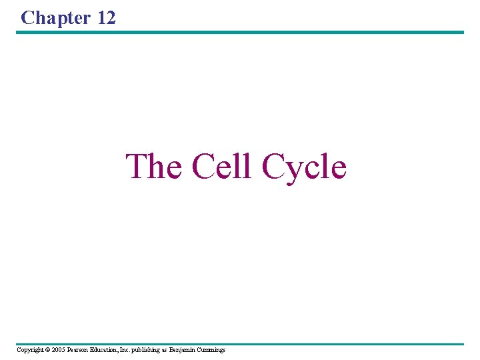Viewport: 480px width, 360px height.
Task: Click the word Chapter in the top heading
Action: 56,18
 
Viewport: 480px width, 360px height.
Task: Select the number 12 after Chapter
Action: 106,18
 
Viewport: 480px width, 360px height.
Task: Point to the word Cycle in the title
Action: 304,167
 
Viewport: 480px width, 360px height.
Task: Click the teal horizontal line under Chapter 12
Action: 240,32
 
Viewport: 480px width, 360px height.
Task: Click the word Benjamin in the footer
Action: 183,350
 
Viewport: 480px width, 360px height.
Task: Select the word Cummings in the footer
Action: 212,350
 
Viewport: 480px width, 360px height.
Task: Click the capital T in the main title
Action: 135,166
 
